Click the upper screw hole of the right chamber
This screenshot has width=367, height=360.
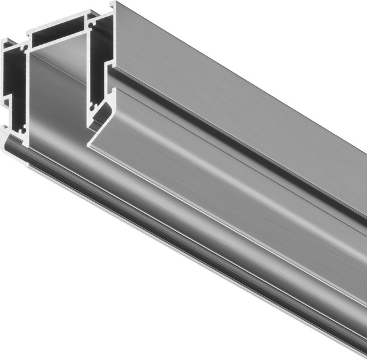pyautogui.click(x=92, y=27)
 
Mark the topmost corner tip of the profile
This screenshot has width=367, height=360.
pyautogui.click(x=114, y=2)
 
